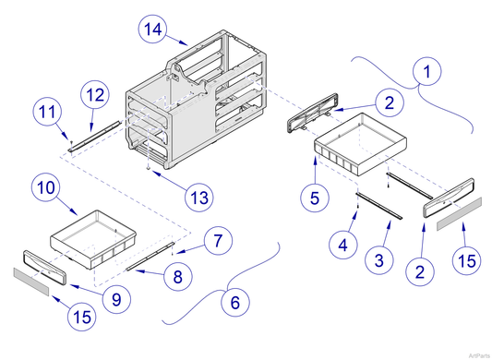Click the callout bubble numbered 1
click(427, 69)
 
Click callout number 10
click(48, 188)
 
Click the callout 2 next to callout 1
click(390, 102)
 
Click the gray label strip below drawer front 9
click(30, 278)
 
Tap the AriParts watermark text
click(477, 354)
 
